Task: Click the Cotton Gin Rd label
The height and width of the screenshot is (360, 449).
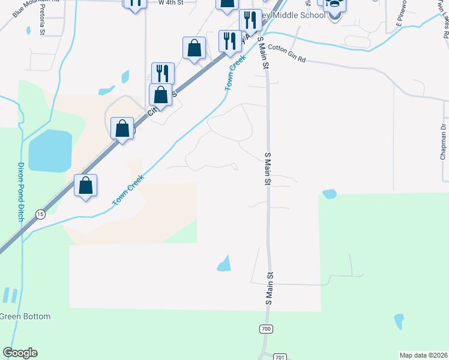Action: click(x=287, y=56)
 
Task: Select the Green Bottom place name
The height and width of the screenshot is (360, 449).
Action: click(x=25, y=316)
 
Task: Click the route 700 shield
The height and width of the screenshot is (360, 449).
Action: click(x=267, y=329)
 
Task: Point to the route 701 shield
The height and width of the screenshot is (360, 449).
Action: click(x=280, y=356)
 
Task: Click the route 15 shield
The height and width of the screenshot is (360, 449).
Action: click(x=40, y=214)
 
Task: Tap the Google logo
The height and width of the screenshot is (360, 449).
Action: click(x=20, y=353)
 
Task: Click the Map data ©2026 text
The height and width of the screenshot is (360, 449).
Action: click(x=423, y=355)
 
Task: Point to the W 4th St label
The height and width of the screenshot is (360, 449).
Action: click(x=170, y=3)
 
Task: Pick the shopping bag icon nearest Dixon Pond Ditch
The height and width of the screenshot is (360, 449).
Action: click(x=86, y=185)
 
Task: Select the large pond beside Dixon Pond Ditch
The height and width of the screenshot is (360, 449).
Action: click(x=50, y=150)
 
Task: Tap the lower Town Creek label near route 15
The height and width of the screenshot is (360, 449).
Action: click(x=128, y=191)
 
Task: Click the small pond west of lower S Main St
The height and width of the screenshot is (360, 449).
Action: click(x=224, y=263)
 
